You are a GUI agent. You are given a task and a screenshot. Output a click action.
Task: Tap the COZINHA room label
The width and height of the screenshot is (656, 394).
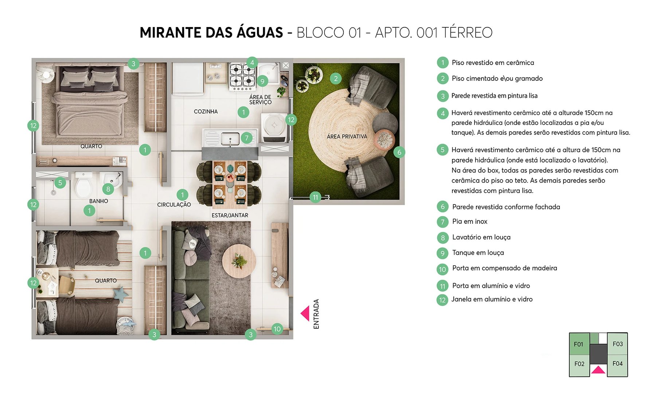[206, 111]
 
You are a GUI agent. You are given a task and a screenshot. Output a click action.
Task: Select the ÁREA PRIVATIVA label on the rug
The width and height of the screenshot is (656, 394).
[347, 136]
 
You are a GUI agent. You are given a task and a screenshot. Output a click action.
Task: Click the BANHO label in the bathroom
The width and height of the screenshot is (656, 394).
[98, 201]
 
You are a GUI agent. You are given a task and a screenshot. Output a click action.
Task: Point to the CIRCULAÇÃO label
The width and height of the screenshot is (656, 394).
[174, 205]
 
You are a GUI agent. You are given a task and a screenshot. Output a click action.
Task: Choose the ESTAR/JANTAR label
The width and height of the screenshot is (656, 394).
[230, 215]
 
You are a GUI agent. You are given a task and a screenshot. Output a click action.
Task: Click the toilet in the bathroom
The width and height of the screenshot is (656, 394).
[83, 184]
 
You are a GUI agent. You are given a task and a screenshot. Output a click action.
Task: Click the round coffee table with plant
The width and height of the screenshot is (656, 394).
[239, 261]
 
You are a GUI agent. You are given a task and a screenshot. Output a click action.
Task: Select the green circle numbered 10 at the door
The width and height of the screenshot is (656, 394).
[277, 329]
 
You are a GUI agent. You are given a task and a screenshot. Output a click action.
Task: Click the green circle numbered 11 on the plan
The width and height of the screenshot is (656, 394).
[315, 197]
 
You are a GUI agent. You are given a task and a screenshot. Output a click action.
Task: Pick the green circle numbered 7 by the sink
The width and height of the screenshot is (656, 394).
[247, 138]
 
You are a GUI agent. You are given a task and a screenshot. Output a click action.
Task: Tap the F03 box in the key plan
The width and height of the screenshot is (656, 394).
[617, 344]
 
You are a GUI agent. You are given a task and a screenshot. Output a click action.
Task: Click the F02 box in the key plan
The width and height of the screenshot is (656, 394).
[579, 364]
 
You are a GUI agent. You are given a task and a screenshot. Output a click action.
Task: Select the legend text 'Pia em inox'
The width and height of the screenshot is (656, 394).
[469, 221]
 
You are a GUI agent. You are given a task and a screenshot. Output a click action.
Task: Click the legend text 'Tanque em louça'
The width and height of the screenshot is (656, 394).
[478, 252]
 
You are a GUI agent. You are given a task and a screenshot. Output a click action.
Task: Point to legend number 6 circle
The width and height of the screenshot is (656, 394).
[442, 207]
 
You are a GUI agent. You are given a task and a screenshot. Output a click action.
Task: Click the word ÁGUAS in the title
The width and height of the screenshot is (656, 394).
[260, 32]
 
